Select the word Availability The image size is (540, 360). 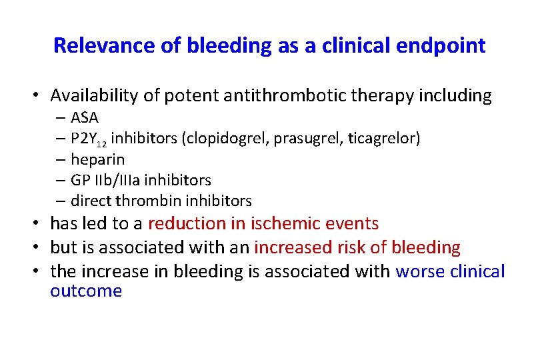click(x=93, y=96)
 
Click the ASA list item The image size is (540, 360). click(x=84, y=118)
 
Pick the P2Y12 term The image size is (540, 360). click(x=89, y=139)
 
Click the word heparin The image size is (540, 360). click(x=97, y=159)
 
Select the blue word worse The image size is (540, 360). click(x=418, y=271)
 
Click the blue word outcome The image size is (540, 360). click(x=86, y=291)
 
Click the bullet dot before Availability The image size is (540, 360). click(x=41, y=97)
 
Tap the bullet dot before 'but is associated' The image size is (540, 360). click(x=41, y=248)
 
